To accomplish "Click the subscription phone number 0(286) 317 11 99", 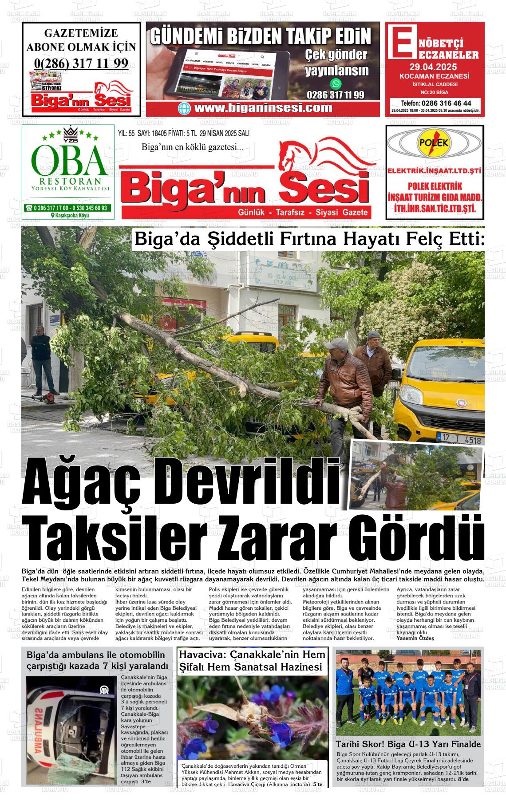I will [81, 63].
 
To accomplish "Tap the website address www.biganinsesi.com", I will [263, 108].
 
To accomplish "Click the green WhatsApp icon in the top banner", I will [336, 83].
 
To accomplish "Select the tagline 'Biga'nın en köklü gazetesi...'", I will [192, 147].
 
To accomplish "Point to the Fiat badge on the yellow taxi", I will [461, 403].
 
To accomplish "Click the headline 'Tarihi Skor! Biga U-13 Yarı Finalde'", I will [408, 744].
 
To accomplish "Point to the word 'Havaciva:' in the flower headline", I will [203, 655].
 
